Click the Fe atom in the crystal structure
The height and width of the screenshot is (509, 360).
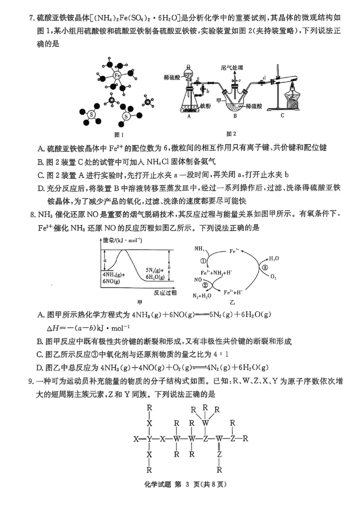[x=117, y=76]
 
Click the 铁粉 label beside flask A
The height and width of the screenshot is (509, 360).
[x=206, y=106]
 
